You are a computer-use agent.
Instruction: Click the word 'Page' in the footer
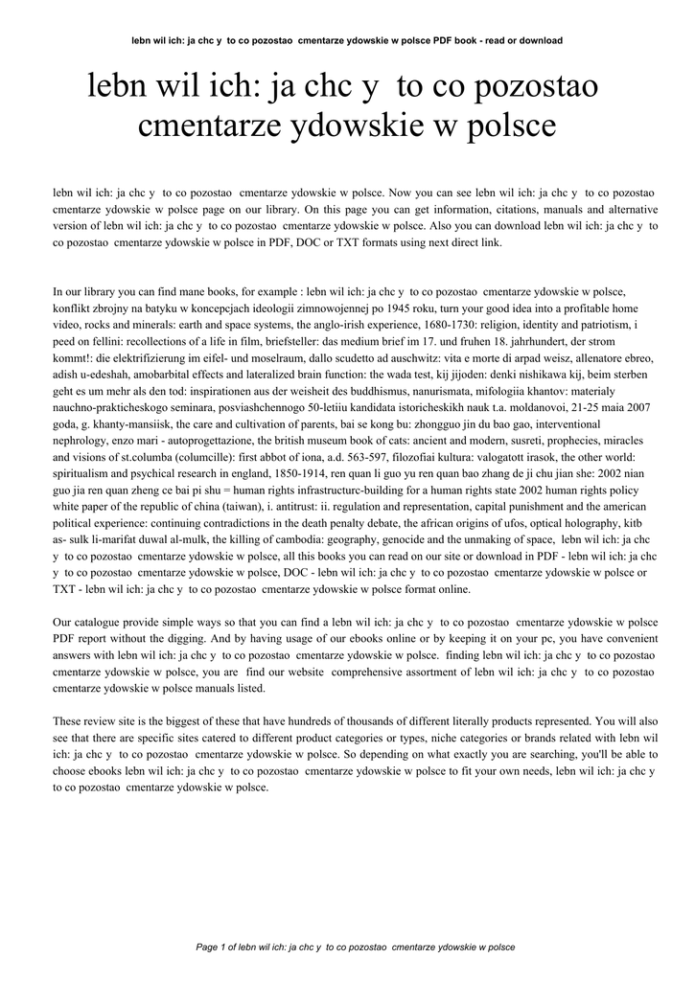pyautogui.click(x=206, y=947)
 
